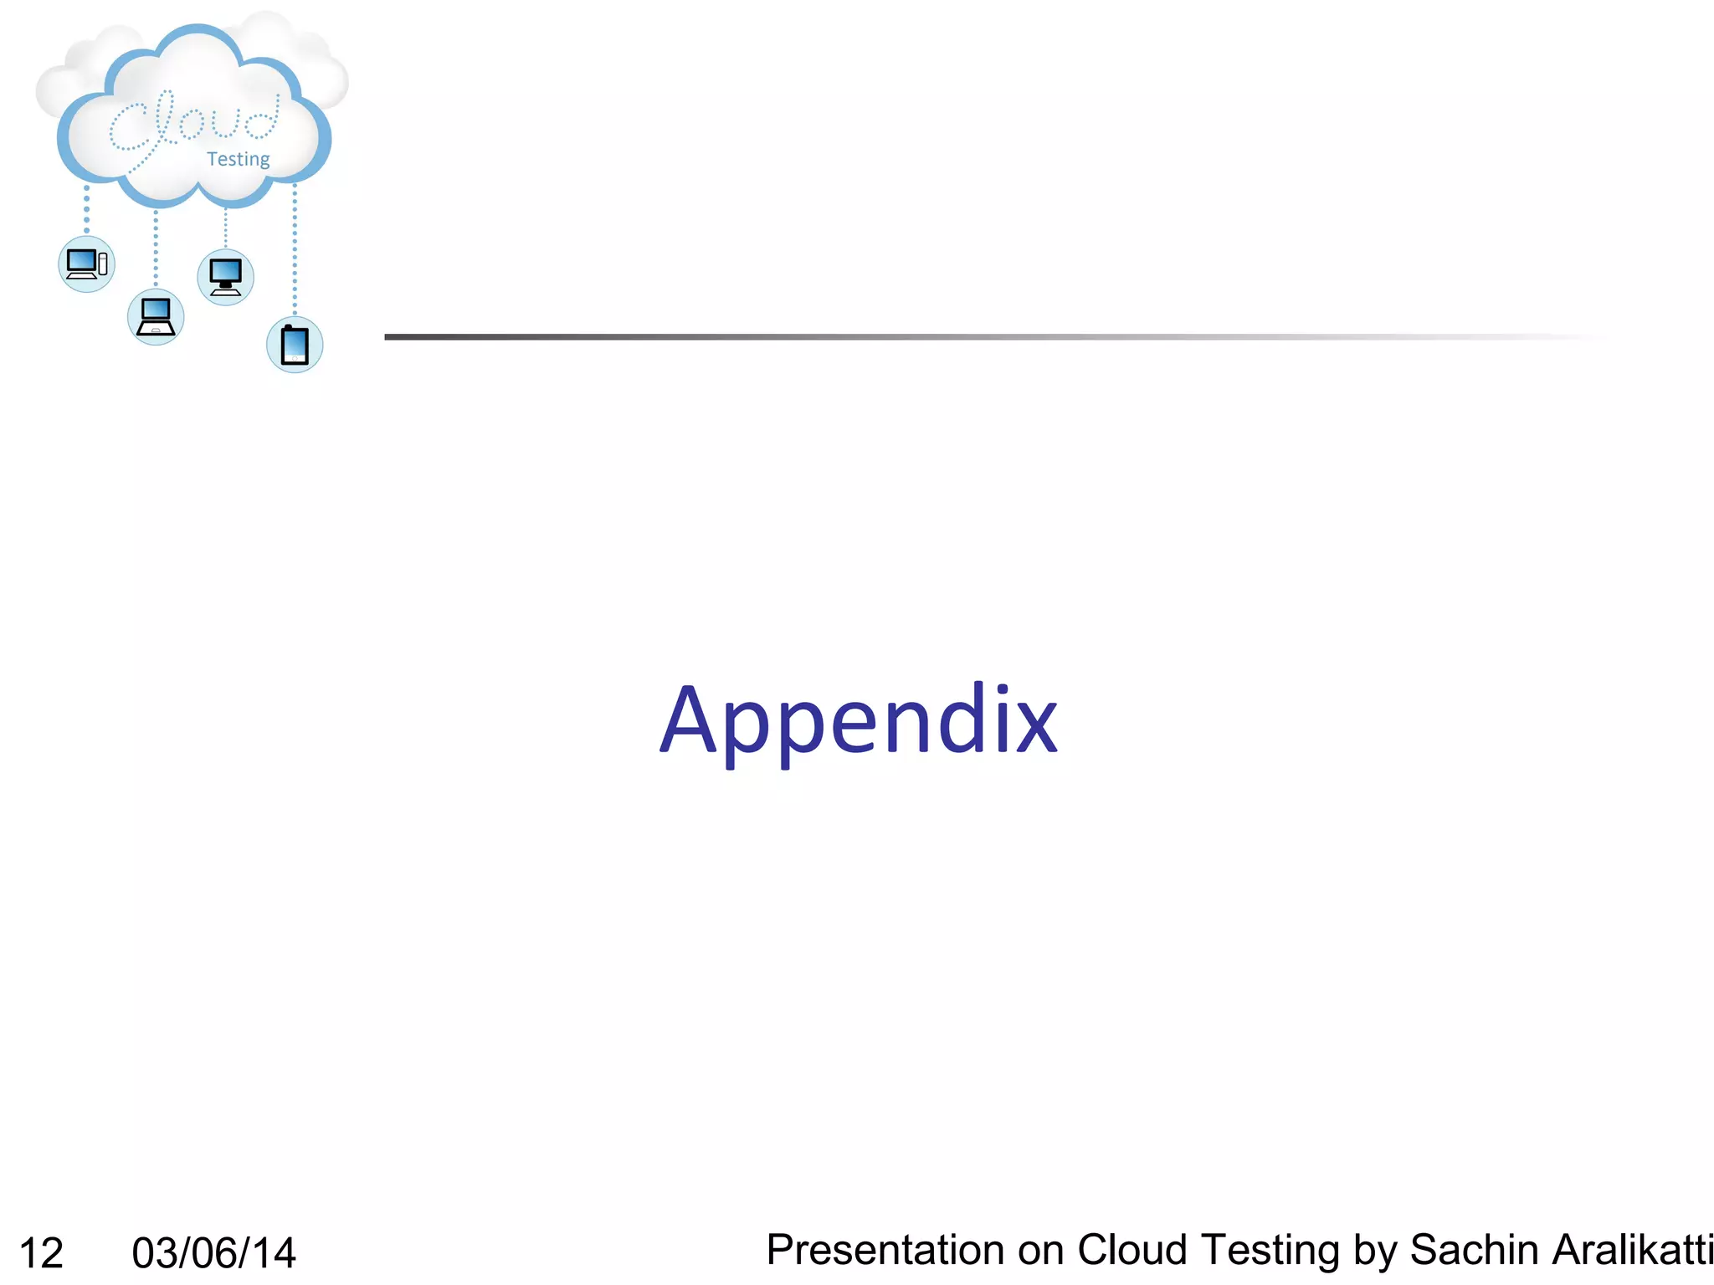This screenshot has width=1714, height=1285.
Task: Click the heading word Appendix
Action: point(859,720)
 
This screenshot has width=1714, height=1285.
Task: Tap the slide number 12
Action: point(41,1253)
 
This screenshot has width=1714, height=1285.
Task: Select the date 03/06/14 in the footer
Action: point(214,1253)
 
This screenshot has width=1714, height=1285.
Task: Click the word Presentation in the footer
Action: point(885,1250)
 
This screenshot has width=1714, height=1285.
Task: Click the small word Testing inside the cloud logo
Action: point(239,159)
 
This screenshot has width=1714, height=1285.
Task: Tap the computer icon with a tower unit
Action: point(86,264)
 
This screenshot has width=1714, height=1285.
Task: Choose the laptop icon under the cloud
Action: point(156,317)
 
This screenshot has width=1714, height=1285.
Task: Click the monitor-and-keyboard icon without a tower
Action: point(225,277)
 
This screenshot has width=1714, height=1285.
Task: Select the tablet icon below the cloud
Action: point(295,345)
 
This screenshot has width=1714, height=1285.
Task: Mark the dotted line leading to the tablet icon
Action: point(295,251)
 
